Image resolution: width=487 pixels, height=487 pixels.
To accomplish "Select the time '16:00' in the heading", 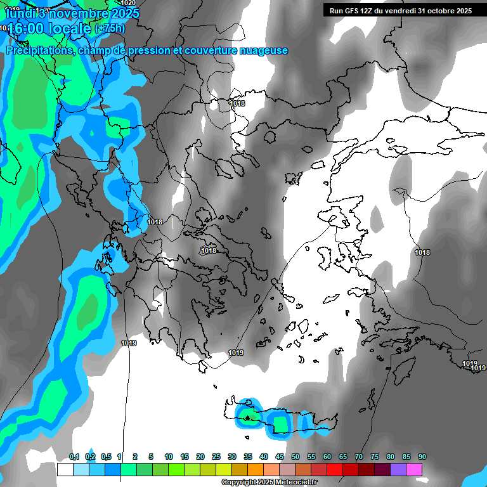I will [x=28, y=29].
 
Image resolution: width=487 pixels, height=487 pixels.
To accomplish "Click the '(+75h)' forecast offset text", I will [x=110, y=29].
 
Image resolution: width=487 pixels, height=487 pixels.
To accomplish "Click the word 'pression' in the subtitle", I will [x=149, y=51].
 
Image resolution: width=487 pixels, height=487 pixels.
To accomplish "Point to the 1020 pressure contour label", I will [x=128, y=3].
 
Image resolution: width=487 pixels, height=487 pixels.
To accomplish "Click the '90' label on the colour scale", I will [x=422, y=457].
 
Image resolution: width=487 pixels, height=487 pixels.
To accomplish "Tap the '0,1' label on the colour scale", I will [x=74, y=457].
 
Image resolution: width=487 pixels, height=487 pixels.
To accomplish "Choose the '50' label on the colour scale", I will [x=295, y=457].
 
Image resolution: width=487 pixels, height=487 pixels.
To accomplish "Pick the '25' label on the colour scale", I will [x=216, y=457].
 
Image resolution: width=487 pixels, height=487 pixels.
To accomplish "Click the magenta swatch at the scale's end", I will [x=414, y=469].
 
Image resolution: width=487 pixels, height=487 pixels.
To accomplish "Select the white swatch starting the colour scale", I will [x=65, y=469].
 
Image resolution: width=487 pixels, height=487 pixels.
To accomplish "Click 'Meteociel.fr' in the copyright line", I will [x=292, y=483].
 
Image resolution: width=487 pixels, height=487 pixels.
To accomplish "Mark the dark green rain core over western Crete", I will [x=247, y=417].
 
